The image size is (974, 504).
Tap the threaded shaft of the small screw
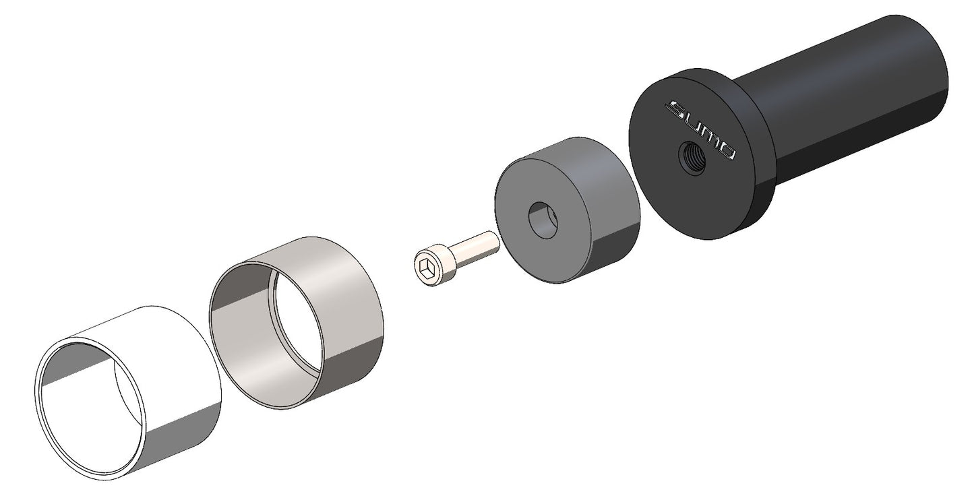click(473, 245)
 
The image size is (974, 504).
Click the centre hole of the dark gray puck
click(543, 220)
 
